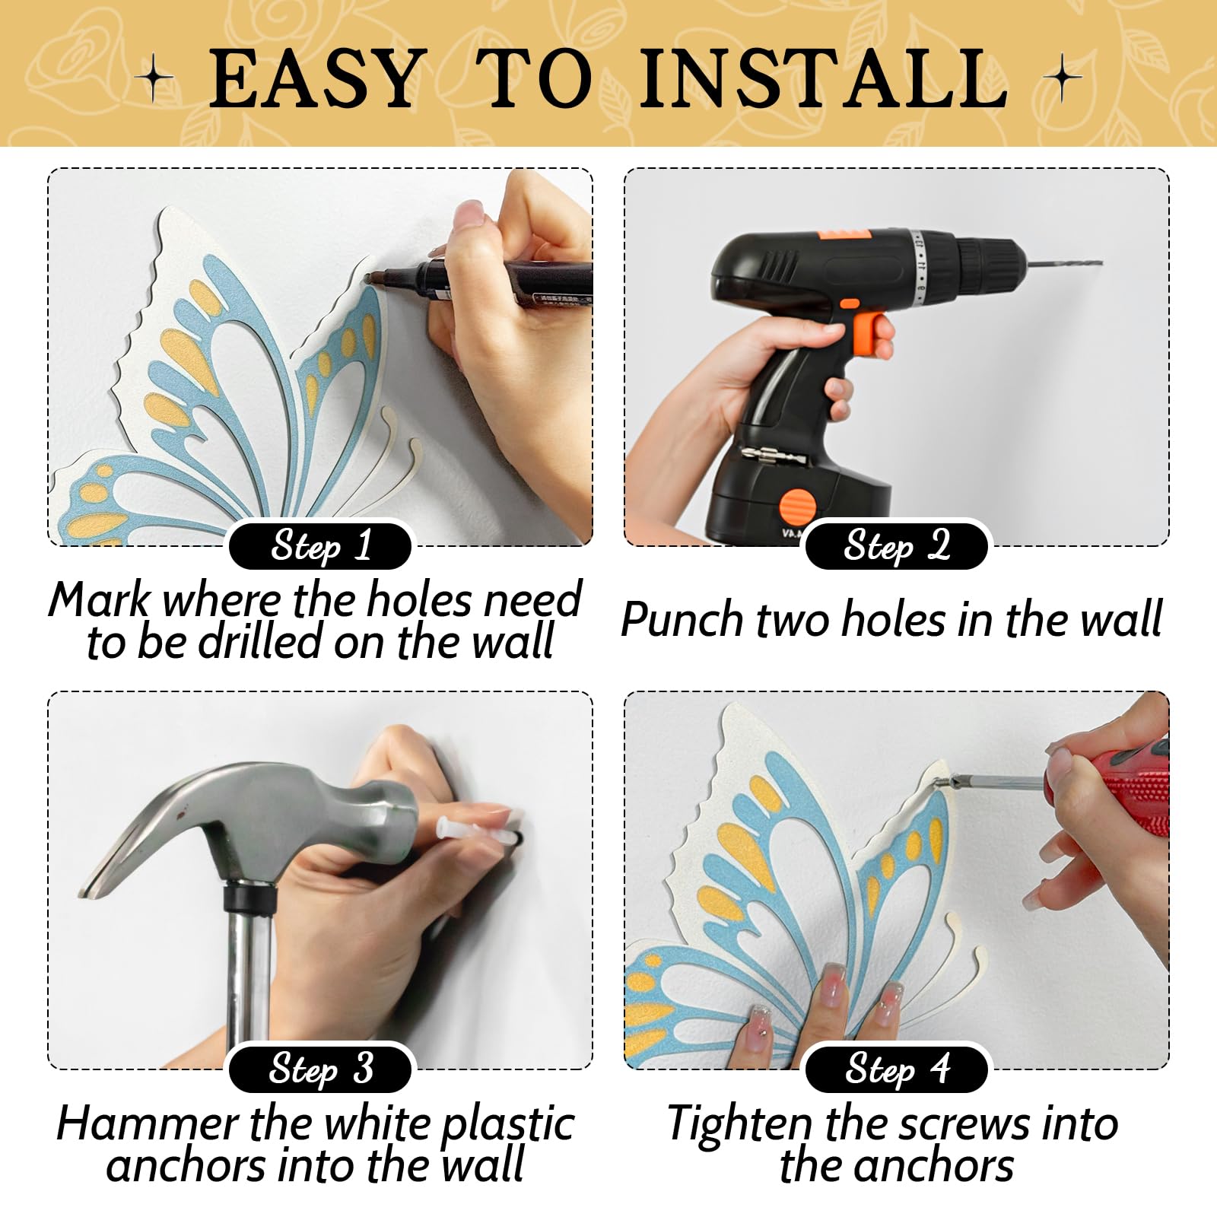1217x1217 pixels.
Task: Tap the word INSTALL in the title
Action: (x=824, y=78)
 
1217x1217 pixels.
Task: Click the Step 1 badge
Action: (x=320, y=546)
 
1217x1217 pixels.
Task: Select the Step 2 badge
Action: (x=896, y=546)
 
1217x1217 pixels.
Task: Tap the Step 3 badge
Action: (x=320, y=1069)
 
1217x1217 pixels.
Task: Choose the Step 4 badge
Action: (x=896, y=1069)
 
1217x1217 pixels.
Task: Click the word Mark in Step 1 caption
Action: (x=100, y=600)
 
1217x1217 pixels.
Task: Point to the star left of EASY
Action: (x=154, y=78)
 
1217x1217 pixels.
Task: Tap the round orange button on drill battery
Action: (x=796, y=504)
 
